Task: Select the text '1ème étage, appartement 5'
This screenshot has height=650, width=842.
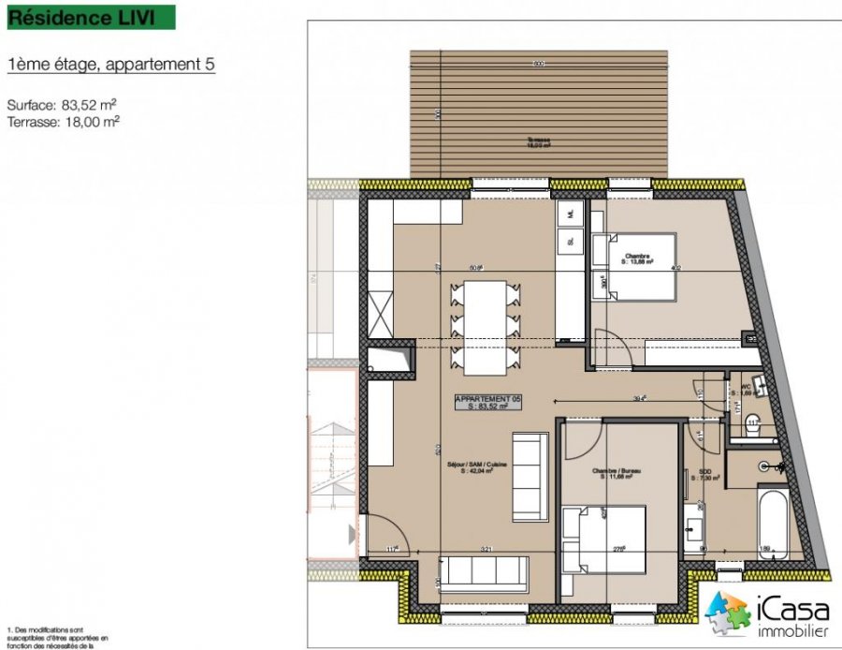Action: click(110, 65)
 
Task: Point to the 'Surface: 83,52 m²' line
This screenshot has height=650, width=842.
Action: click(61, 105)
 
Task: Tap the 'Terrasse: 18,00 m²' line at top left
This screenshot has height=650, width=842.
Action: click(63, 121)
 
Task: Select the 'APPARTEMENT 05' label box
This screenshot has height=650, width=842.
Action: click(487, 403)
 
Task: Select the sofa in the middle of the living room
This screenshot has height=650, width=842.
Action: click(530, 477)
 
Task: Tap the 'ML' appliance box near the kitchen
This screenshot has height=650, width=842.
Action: click(569, 214)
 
